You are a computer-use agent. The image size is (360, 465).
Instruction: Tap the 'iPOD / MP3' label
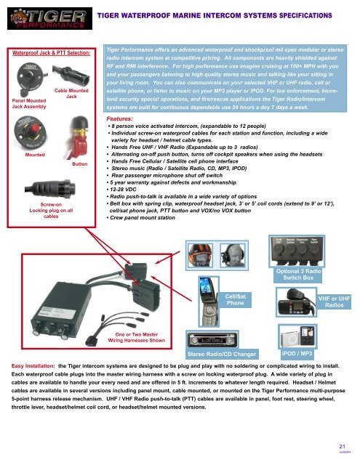click(x=297, y=352)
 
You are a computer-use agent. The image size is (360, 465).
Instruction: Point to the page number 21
click(x=344, y=446)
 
